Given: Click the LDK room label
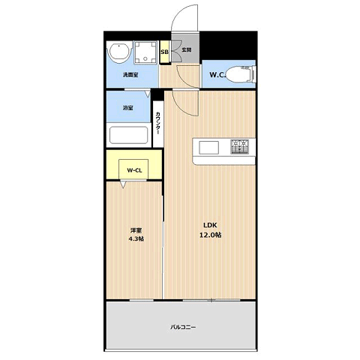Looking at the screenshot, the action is pyautogui.click(x=210, y=225).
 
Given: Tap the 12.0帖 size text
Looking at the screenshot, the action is pyautogui.click(x=210, y=235).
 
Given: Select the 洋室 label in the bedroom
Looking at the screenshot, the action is pyautogui.click(x=136, y=230).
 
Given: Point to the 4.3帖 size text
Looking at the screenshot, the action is pyautogui.click(x=136, y=238).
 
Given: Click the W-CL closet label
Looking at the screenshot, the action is pyautogui.click(x=134, y=170).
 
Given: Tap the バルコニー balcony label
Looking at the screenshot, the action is pyautogui.click(x=183, y=327).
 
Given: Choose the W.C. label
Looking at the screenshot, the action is pyautogui.click(x=217, y=74).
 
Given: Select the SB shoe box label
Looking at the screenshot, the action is pyautogui.click(x=164, y=52).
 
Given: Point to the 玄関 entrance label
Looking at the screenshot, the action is pyautogui.click(x=186, y=49).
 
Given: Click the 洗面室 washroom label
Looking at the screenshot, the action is pyautogui.click(x=130, y=74).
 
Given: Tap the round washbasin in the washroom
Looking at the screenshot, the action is pyautogui.click(x=119, y=52).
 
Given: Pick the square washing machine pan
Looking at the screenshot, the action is pyautogui.click(x=145, y=52).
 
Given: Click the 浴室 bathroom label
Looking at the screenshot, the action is pyautogui.click(x=127, y=108).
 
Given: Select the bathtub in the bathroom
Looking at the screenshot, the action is pyautogui.click(x=128, y=135).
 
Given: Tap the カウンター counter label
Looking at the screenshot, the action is pyautogui.click(x=157, y=123).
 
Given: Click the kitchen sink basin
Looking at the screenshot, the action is pyautogui.click(x=208, y=148).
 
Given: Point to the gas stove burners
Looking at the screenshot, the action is pyautogui.click(x=239, y=146).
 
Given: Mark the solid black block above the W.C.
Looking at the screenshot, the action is pyautogui.click(x=229, y=46).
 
